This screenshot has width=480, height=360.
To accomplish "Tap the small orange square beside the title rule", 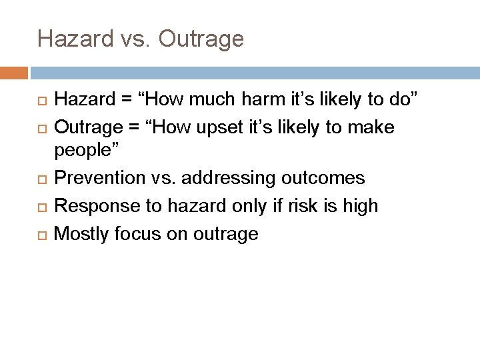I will point(14,72).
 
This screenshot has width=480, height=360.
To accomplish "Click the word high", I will point(360,205).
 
